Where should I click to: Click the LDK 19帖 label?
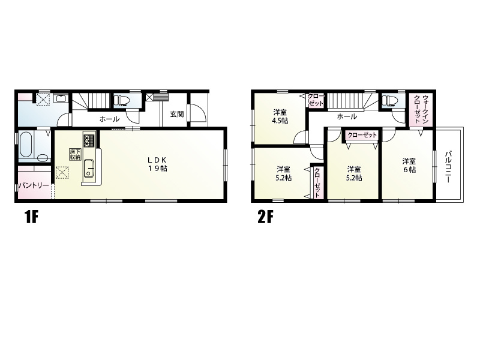click(x=157, y=164)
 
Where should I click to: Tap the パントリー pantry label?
click(x=34, y=185)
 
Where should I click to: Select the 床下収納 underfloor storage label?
click(x=74, y=154)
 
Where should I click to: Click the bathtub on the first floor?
click(x=25, y=144)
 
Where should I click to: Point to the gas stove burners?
click(x=89, y=139)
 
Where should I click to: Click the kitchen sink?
click(x=89, y=168)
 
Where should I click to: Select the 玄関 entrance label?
click(x=177, y=114)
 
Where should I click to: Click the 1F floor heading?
click(x=31, y=217)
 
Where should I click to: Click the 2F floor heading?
click(x=265, y=217)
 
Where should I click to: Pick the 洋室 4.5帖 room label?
click(x=280, y=116)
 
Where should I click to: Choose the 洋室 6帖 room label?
click(x=409, y=166)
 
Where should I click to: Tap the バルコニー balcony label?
click(x=448, y=166)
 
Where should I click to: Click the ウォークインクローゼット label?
click(x=421, y=109)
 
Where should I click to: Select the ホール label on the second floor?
click(x=347, y=116)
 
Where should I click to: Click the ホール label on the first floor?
click(x=109, y=119)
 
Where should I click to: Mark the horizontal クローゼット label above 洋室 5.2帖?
click(x=362, y=135)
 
